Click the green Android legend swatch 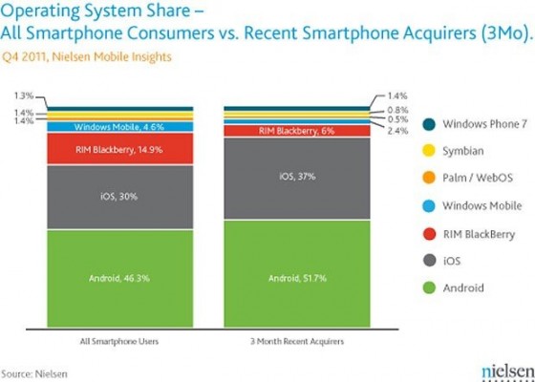[x=430, y=287]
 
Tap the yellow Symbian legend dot [x=430, y=150]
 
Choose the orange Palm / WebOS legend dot [x=430, y=178]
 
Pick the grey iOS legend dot [x=430, y=260]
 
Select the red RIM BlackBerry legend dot [x=430, y=233]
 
